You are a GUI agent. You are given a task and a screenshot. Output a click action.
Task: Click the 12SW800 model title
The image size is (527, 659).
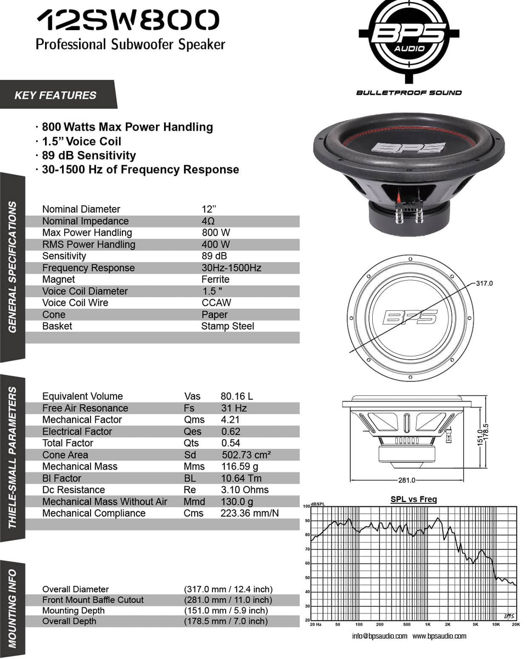point(127,21)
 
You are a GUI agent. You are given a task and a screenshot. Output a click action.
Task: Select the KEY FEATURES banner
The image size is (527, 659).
point(55,95)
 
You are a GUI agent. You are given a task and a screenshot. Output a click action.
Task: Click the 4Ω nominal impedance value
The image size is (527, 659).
point(209,221)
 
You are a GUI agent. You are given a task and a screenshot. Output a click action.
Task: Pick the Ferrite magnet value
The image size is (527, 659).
point(215,280)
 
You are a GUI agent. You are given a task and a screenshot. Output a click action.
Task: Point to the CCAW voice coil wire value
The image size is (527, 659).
point(216,303)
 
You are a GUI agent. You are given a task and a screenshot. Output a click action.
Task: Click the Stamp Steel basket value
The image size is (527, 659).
point(227,326)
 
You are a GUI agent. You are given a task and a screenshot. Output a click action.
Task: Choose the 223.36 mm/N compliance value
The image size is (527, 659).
point(250,513)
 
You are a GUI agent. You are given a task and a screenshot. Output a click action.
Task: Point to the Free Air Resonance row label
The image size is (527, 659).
point(85,408)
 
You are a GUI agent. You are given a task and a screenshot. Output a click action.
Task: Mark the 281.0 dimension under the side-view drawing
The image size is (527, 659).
point(406,481)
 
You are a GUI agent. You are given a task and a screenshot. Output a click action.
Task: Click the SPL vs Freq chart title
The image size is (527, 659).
point(413,499)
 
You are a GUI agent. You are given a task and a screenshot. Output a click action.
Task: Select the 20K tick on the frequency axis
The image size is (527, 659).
point(515,625)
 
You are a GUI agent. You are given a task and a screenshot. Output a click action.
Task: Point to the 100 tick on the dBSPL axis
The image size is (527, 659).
point(307,506)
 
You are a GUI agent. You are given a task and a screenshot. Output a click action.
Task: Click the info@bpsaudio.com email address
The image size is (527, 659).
point(379,636)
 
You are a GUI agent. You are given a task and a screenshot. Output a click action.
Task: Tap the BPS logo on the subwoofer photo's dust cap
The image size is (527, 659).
point(408,148)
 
